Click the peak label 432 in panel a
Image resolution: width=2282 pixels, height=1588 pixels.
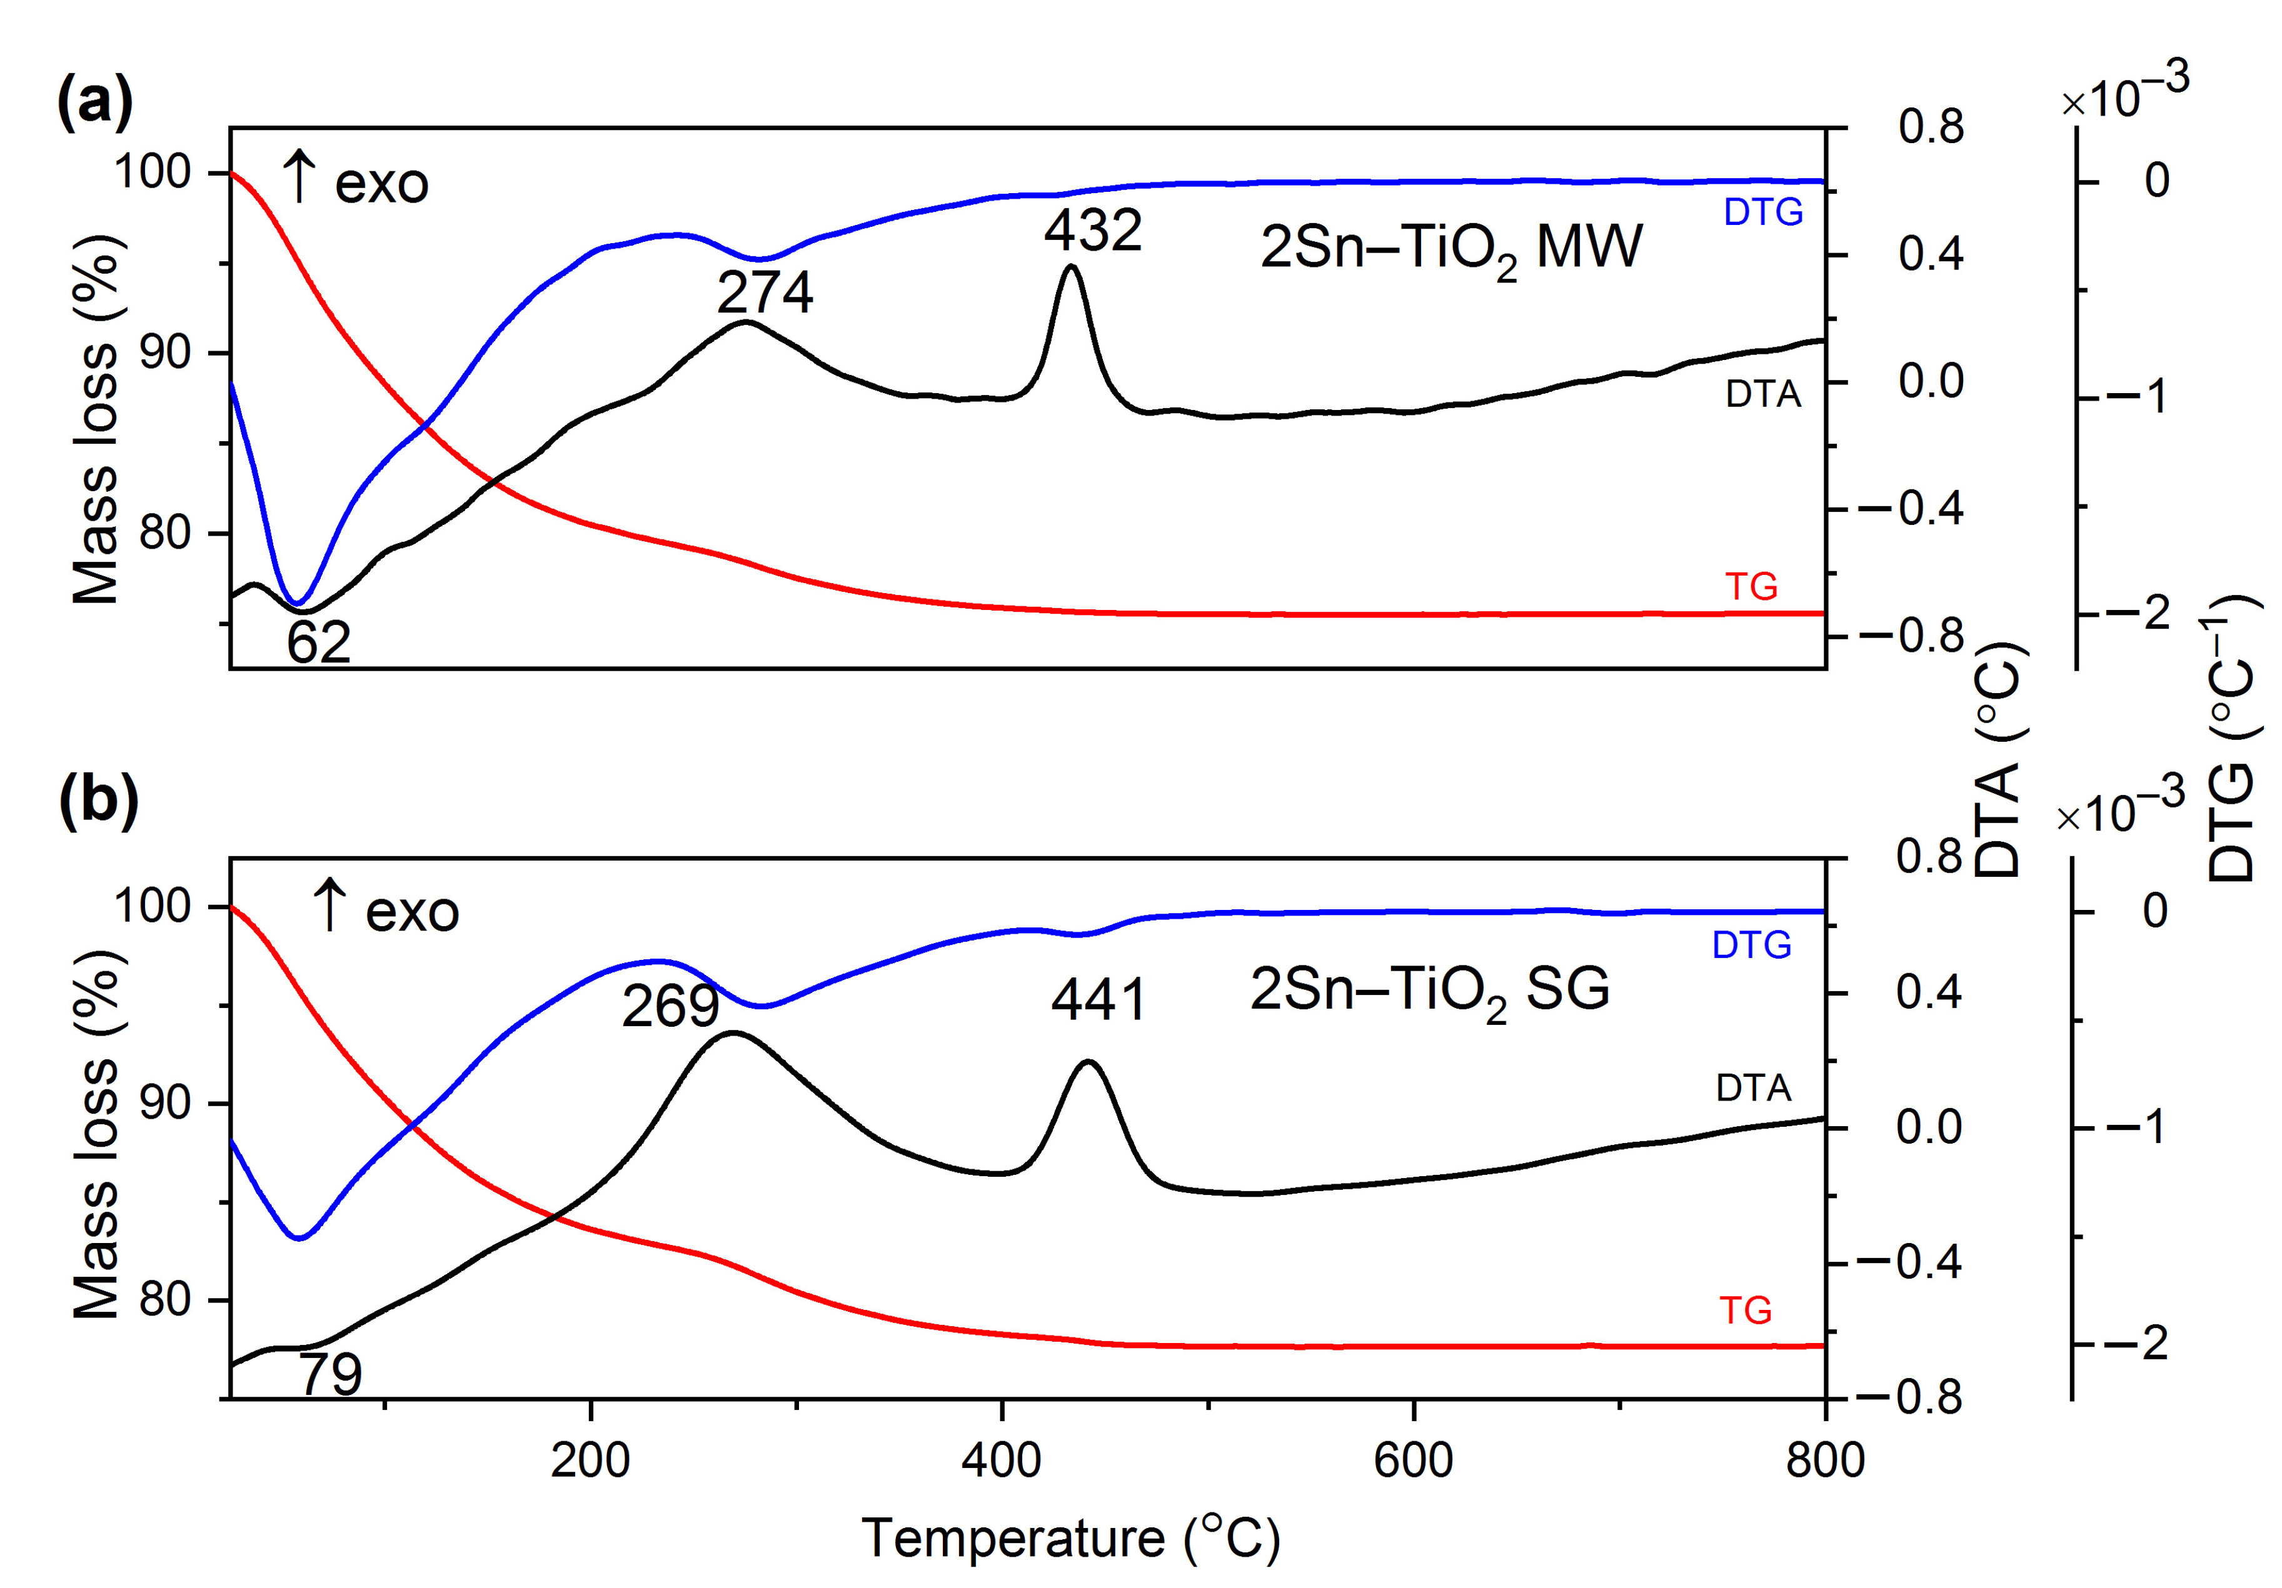(1092, 231)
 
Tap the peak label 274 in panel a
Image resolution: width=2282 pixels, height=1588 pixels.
(764, 293)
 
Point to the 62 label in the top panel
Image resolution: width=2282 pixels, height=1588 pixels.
(318, 643)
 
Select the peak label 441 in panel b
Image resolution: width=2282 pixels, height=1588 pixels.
(1098, 1000)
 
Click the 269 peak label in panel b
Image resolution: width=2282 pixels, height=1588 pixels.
(670, 1007)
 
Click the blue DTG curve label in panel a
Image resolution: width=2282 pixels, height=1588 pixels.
(1762, 212)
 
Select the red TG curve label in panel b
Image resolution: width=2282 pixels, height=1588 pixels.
(1746, 1311)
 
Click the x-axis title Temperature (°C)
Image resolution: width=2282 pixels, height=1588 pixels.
(1070, 1538)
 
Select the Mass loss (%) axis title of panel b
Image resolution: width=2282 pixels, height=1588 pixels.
(96, 1134)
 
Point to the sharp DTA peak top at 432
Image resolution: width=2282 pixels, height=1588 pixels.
(1070, 266)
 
